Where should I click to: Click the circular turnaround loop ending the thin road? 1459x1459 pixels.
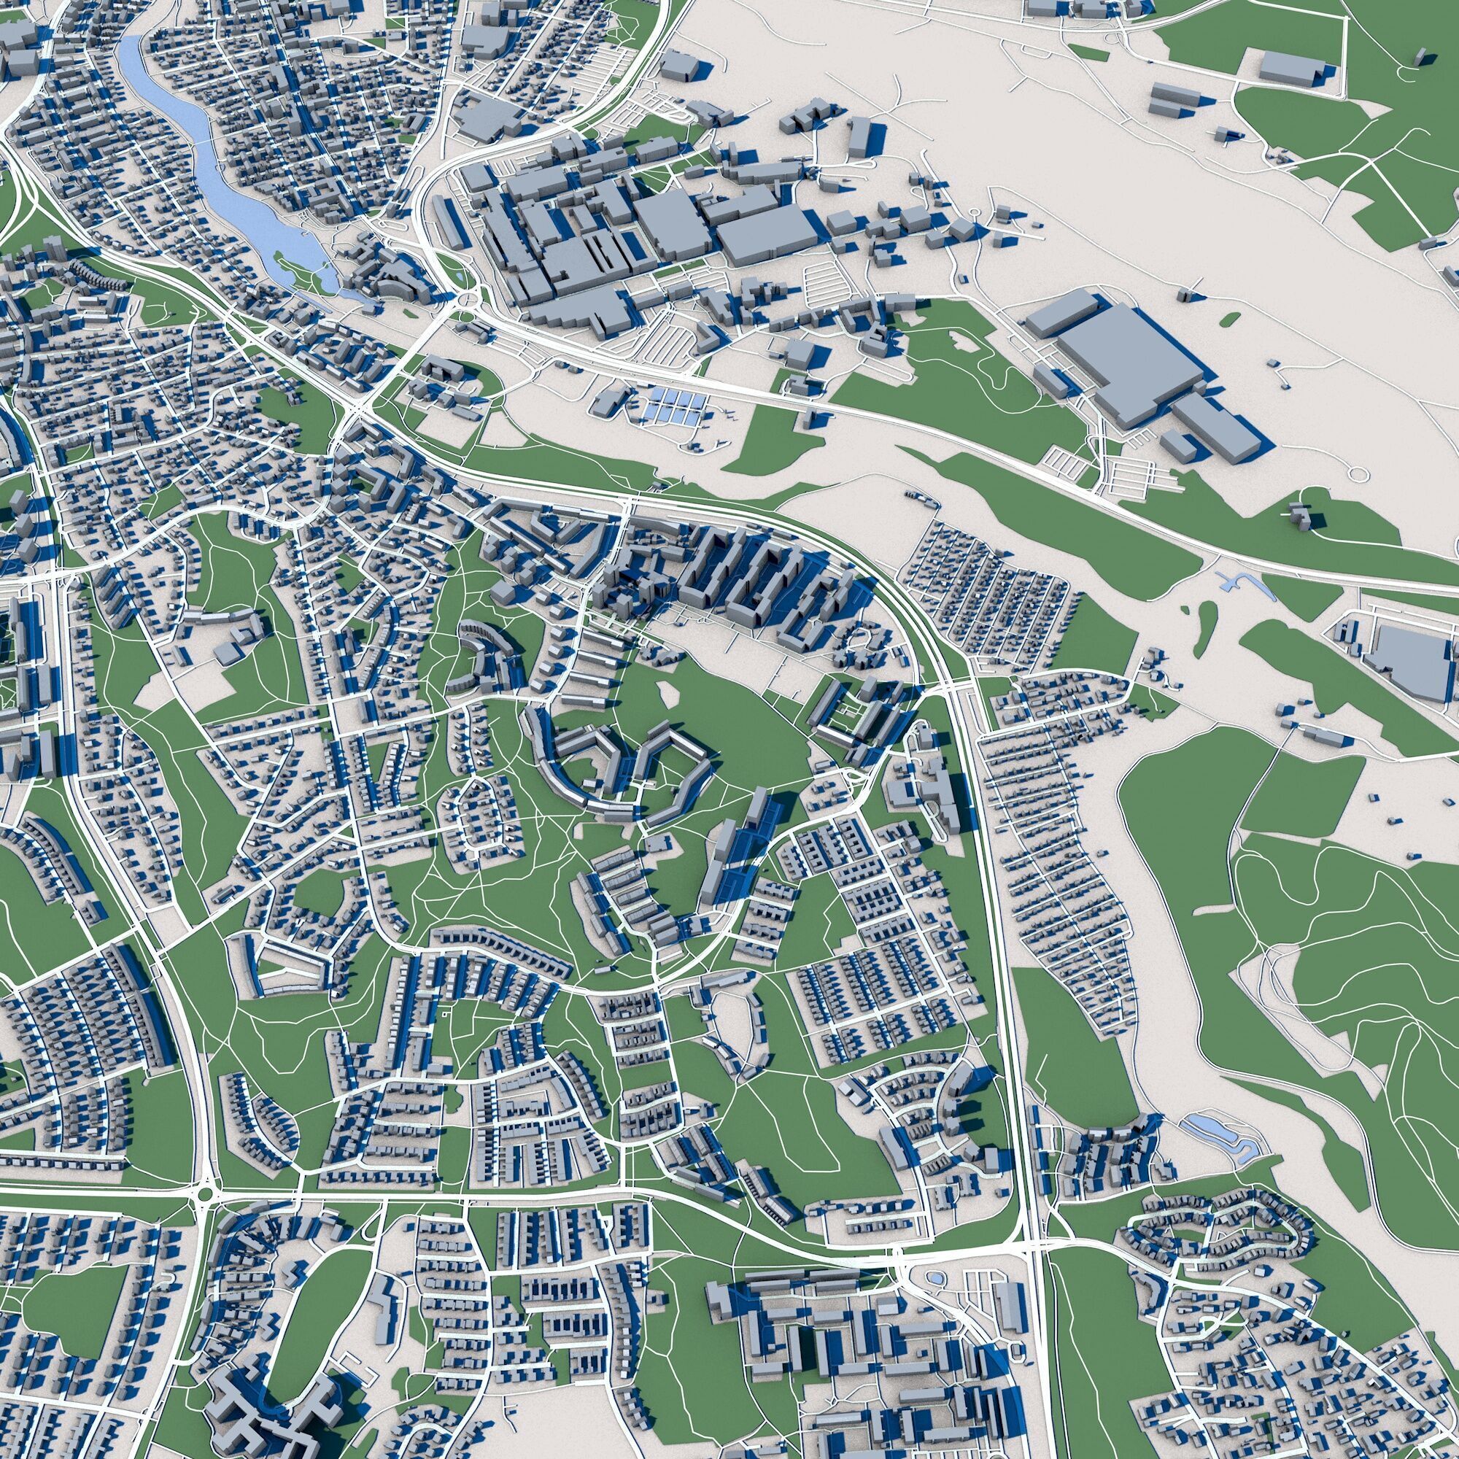[x=1357, y=474]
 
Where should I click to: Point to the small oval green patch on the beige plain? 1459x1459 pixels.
[x=1228, y=319]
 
